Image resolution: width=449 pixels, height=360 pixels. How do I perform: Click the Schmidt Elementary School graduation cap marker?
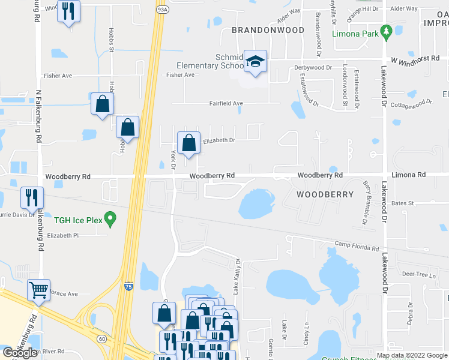[256, 62]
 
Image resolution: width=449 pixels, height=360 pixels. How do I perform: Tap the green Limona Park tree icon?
[387, 30]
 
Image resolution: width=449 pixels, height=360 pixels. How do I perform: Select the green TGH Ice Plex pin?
[110, 219]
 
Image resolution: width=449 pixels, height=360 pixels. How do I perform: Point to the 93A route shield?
[161, 10]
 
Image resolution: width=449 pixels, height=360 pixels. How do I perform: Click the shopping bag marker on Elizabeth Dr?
[189, 143]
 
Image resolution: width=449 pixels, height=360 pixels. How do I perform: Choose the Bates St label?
[403, 203]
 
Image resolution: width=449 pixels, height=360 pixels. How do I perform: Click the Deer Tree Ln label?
[418, 274]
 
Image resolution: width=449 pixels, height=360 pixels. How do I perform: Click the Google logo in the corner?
[20, 353]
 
